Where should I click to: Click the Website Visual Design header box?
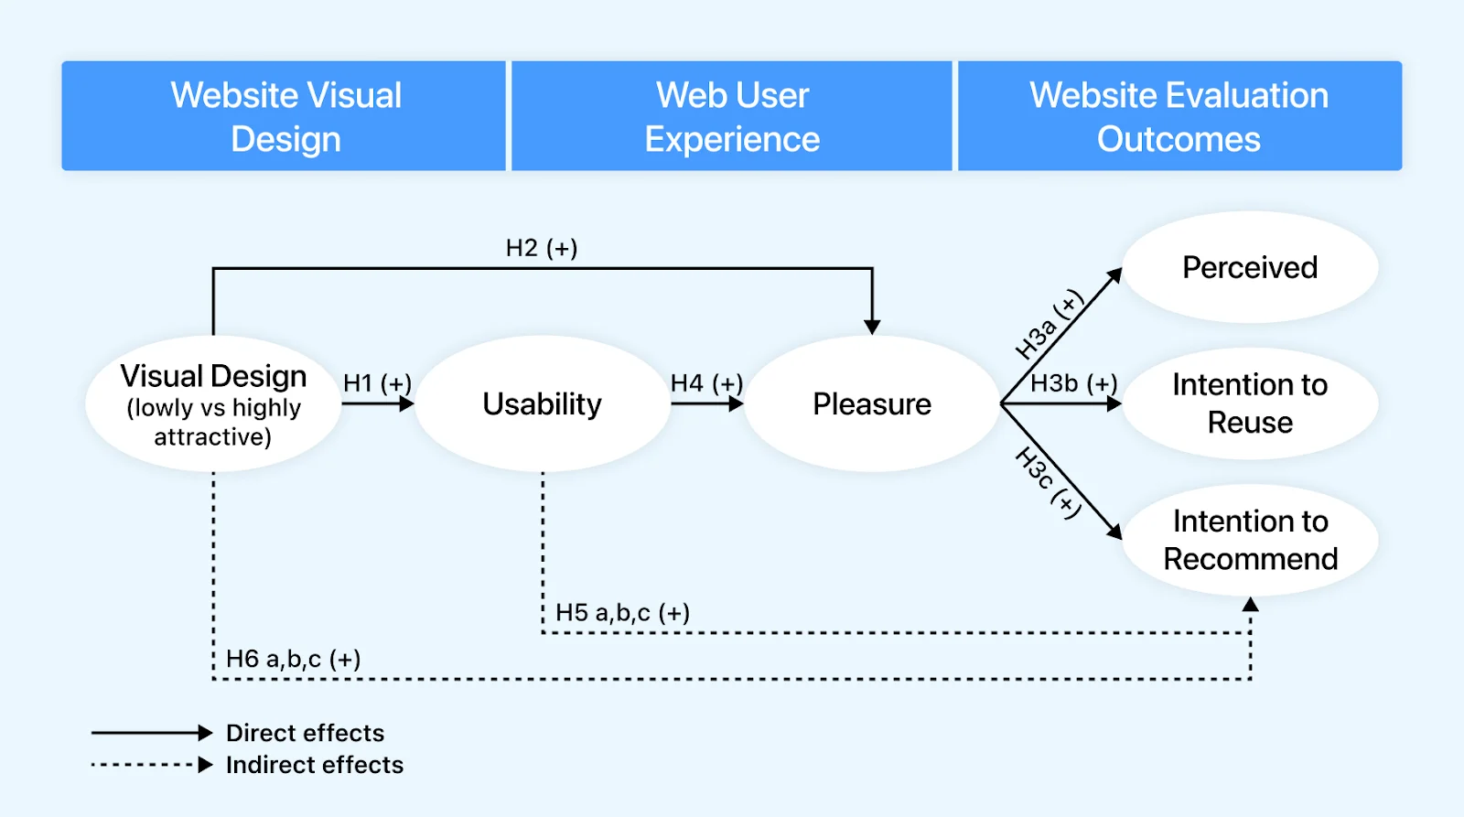[x=284, y=116]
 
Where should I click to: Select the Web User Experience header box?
[x=732, y=116]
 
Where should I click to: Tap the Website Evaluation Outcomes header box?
[x=1179, y=116]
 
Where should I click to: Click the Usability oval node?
[x=543, y=404]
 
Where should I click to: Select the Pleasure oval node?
[x=872, y=404]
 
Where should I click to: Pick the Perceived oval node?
[x=1250, y=267]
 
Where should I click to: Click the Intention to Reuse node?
[x=1250, y=403]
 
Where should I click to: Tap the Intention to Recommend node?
[x=1250, y=540]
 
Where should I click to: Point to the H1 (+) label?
[x=377, y=383]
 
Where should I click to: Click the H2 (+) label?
[x=542, y=248]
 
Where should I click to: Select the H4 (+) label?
[x=706, y=383]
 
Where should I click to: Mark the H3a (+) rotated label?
[x=1050, y=326]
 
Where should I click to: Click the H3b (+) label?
[x=1074, y=383]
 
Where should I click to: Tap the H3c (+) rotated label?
[x=1049, y=483]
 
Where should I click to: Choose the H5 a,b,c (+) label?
[x=622, y=613]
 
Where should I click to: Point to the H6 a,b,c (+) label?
[x=293, y=659]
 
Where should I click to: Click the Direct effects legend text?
[x=305, y=733]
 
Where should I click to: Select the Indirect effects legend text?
[x=314, y=765]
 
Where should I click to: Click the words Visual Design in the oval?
[x=213, y=376]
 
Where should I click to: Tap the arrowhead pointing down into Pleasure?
[x=872, y=327]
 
